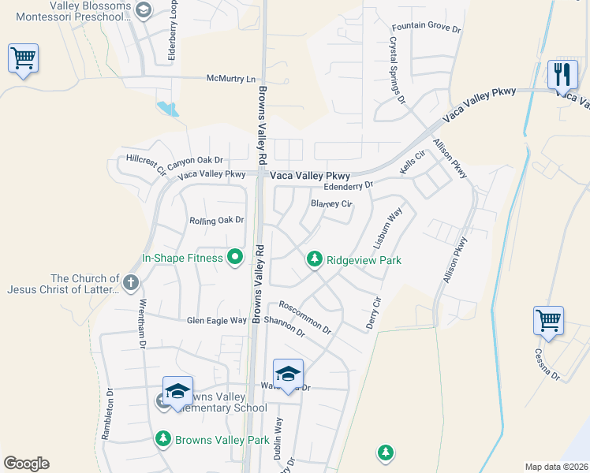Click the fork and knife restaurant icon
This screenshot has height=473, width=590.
(x=562, y=75)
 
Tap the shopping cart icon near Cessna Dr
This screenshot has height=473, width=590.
(x=548, y=320)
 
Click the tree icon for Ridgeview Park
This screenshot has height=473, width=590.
(x=315, y=259)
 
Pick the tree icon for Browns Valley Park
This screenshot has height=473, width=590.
(x=163, y=439)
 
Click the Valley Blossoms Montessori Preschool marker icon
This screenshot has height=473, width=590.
(x=143, y=9)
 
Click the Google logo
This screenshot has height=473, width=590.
(x=26, y=464)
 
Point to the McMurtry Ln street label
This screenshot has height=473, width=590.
(x=232, y=79)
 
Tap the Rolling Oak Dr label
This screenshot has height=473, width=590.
(x=217, y=221)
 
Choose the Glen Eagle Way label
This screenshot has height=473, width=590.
(x=216, y=320)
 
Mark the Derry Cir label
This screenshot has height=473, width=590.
(x=373, y=313)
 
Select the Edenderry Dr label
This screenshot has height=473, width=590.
(x=348, y=186)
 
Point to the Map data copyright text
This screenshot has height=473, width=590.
(x=556, y=467)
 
